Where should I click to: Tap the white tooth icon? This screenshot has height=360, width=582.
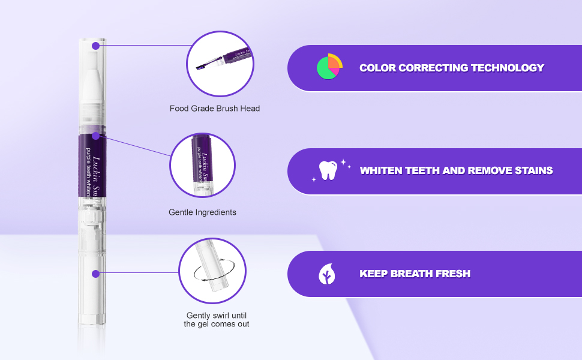(x=328, y=170)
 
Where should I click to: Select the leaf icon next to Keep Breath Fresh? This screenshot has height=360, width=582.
(x=327, y=274)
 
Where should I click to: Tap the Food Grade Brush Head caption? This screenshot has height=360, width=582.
(x=214, y=109)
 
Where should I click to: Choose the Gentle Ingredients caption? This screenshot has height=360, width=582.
(x=202, y=212)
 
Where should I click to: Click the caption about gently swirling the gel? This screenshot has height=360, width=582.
(x=216, y=320)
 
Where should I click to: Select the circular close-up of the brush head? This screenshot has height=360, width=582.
(x=221, y=64)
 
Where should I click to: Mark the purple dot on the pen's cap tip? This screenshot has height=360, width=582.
(x=95, y=46)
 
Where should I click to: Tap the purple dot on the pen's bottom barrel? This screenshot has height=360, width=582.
(x=95, y=274)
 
